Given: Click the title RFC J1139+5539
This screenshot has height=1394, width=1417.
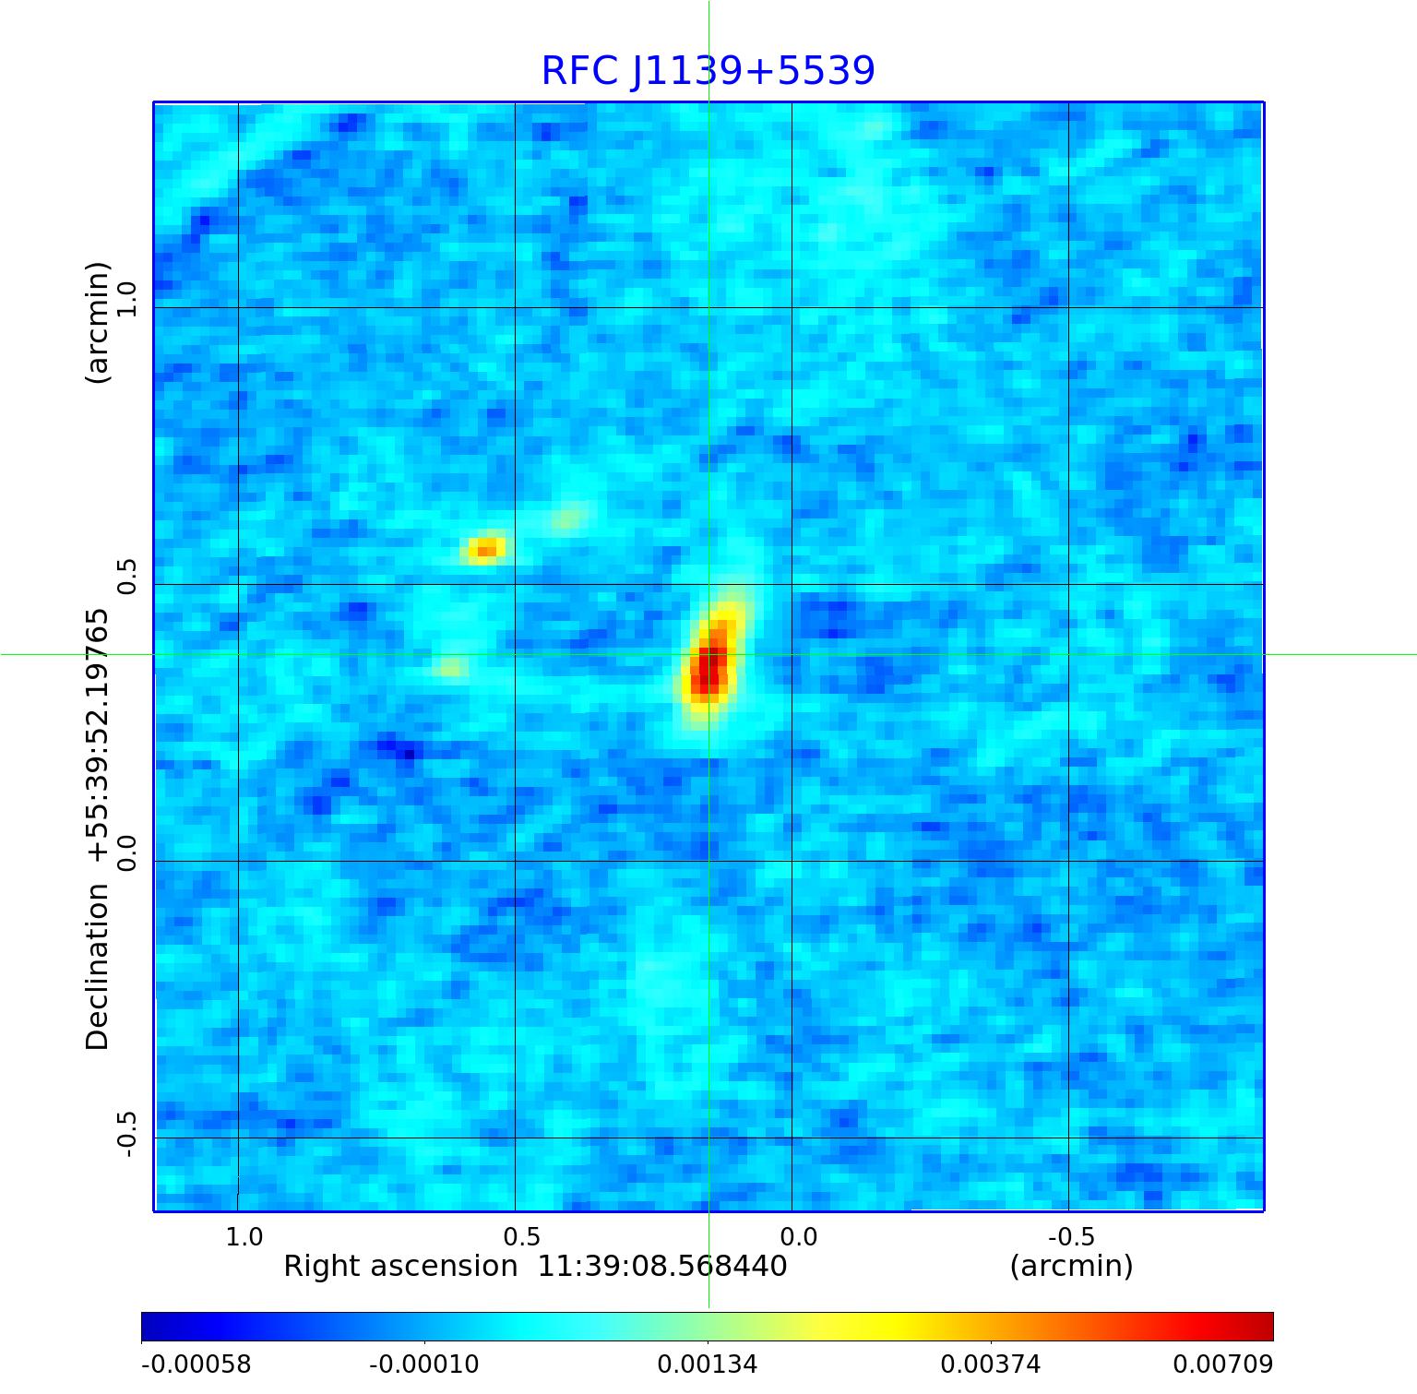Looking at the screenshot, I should point(708,71).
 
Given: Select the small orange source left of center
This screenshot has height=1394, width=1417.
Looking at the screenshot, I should point(486,550).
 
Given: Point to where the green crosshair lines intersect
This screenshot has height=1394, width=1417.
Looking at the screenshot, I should point(708,655).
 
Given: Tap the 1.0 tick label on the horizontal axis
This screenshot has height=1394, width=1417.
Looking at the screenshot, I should point(244,1236).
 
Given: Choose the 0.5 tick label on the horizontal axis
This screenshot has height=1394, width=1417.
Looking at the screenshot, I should point(521,1236).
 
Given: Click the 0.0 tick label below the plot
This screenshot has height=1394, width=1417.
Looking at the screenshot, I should point(799,1236).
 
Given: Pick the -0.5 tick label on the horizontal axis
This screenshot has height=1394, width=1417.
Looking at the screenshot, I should point(1071,1236).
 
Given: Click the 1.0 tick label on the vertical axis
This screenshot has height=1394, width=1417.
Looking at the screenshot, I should point(125,299).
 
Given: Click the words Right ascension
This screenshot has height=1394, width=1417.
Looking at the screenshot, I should point(400,1267).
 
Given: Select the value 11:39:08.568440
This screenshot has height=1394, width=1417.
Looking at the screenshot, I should point(662,1267).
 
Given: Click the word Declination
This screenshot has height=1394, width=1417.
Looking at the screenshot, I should point(97,967).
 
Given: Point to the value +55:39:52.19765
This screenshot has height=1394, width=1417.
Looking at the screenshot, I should point(97,736).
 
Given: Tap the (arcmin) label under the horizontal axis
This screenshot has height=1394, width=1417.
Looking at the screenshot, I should point(1071,1267).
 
